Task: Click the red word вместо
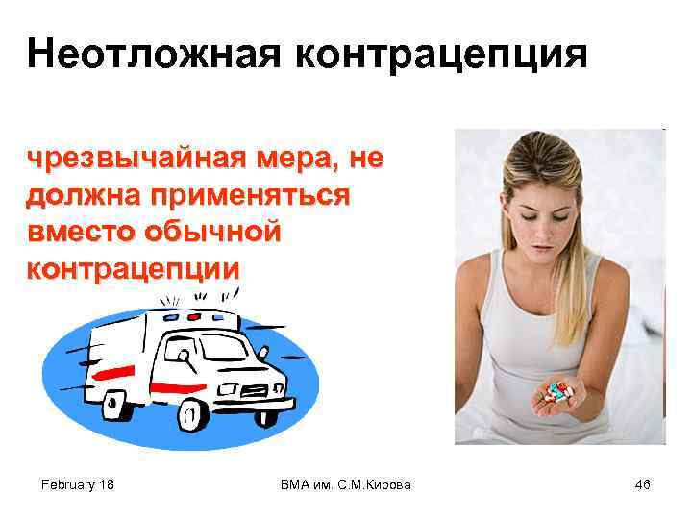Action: [x=81, y=231]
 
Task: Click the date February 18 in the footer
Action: [x=79, y=485]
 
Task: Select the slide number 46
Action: [x=643, y=485]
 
